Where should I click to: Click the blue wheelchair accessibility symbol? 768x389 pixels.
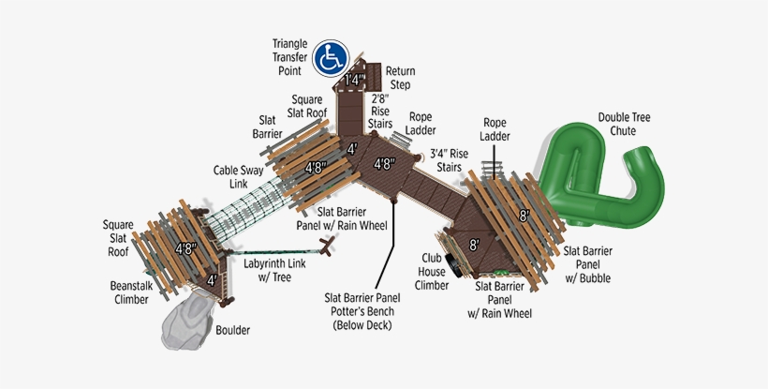click(331, 59)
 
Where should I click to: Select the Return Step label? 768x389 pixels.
click(400, 78)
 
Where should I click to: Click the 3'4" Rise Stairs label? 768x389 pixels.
click(449, 160)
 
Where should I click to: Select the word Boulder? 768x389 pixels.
click(233, 330)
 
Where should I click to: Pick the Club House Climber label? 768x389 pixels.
click(433, 270)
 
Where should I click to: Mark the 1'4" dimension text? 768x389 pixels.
click(354, 82)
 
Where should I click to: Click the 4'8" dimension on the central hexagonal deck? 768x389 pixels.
click(384, 164)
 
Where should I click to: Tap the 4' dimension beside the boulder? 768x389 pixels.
click(212, 279)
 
